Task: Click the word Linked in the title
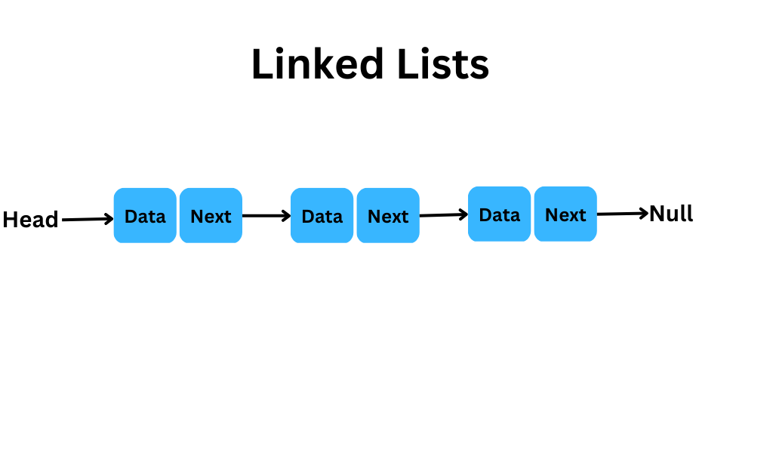coord(317,64)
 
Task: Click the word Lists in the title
coord(443,64)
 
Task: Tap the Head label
coord(30,220)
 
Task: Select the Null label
coord(671,214)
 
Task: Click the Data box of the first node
coord(145,216)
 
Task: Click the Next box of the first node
coord(211,216)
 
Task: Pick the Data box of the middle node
coord(322,216)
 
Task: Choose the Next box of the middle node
coord(388,216)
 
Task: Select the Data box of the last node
coord(500,214)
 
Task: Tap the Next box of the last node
coord(565,214)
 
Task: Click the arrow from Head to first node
coord(88,219)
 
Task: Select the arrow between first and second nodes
coord(266,216)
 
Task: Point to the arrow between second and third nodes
coord(444,214)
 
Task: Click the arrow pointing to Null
coord(623,213)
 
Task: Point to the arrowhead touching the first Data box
coord(109,219)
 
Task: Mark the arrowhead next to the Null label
coord(644,213)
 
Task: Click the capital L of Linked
coord(261,63)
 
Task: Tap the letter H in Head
coord(11,220)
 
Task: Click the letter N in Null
coord(658,214)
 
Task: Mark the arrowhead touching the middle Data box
coord(286,216)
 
